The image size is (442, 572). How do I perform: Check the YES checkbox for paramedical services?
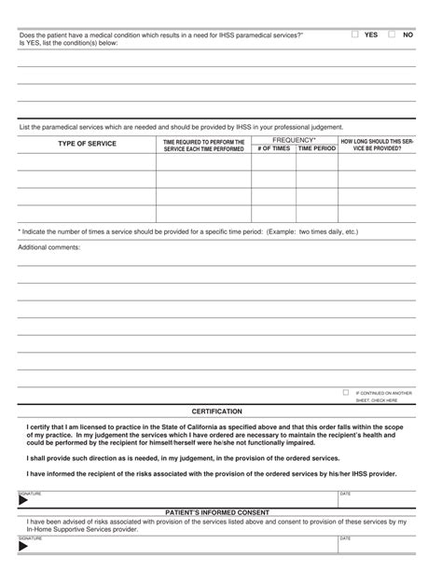coord(355,35)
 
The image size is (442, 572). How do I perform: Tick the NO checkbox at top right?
coord(392,35)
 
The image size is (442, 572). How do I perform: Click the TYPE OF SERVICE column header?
coord(87,145)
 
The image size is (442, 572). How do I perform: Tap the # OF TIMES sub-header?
coord(273,148)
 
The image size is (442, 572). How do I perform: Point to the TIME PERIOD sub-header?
coord(317,148)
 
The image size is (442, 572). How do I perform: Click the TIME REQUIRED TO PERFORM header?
coord(203,145)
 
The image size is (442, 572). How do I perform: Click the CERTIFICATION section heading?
coord(217,412)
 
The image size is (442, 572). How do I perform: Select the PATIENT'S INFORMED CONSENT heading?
coord(217,512)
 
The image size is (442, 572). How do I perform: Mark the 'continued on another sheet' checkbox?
coord(346,393)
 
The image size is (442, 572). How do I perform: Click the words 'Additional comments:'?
coord(49,247)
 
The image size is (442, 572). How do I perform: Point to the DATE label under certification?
coord(345,493)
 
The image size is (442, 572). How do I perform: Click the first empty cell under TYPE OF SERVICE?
coord(87,162)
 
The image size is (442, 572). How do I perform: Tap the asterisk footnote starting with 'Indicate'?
coord(186,230)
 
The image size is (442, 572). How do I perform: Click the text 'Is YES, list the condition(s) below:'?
coord(69,43)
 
